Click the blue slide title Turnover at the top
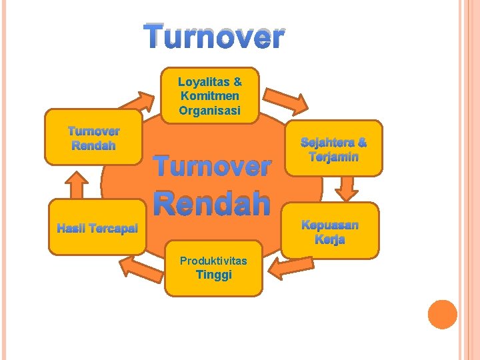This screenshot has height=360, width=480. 214,37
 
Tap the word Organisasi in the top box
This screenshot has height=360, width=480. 209,111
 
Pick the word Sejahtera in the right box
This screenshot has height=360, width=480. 325,143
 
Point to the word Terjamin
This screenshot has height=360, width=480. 333,157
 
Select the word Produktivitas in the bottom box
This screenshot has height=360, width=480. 213,260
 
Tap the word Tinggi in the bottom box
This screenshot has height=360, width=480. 213,275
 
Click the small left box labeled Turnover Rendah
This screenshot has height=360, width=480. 93,138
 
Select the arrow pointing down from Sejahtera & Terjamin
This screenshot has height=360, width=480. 347,188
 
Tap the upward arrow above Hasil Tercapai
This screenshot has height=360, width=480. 79,184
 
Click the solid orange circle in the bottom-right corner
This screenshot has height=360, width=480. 442,314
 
